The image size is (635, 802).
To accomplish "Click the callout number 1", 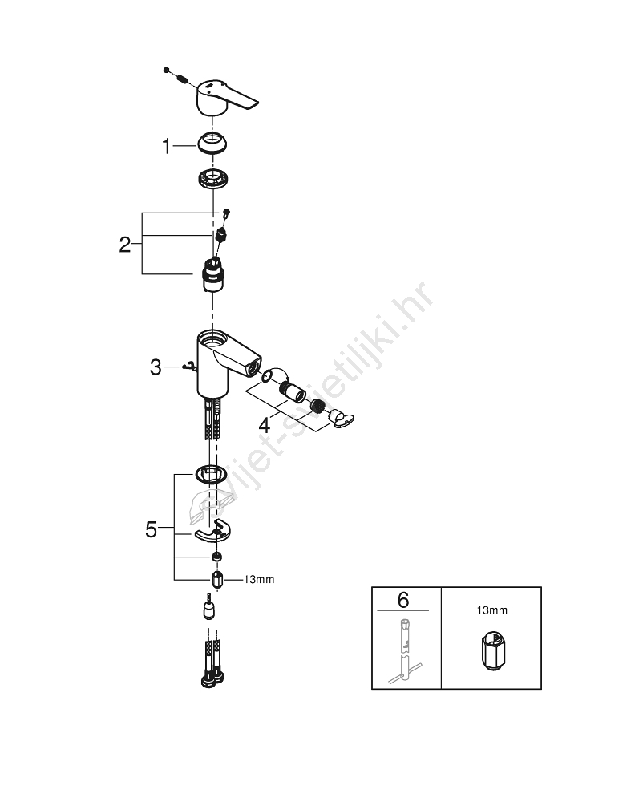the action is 166,146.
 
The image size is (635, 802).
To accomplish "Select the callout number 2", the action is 125,245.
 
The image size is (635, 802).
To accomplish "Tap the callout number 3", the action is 156,367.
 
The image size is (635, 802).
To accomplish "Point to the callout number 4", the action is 265,424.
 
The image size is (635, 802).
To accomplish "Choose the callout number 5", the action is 151,529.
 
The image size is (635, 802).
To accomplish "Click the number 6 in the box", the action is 403,599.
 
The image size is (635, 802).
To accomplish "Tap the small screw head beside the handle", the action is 166,70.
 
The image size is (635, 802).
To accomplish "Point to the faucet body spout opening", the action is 253,367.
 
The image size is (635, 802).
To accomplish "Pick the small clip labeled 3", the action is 189,367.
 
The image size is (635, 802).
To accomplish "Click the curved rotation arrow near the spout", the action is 280,371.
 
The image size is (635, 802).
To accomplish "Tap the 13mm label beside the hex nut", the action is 259,580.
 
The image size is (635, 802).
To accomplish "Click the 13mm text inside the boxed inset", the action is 491,610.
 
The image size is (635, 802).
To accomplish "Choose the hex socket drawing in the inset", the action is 493,650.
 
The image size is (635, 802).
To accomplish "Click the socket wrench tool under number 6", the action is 405,651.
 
